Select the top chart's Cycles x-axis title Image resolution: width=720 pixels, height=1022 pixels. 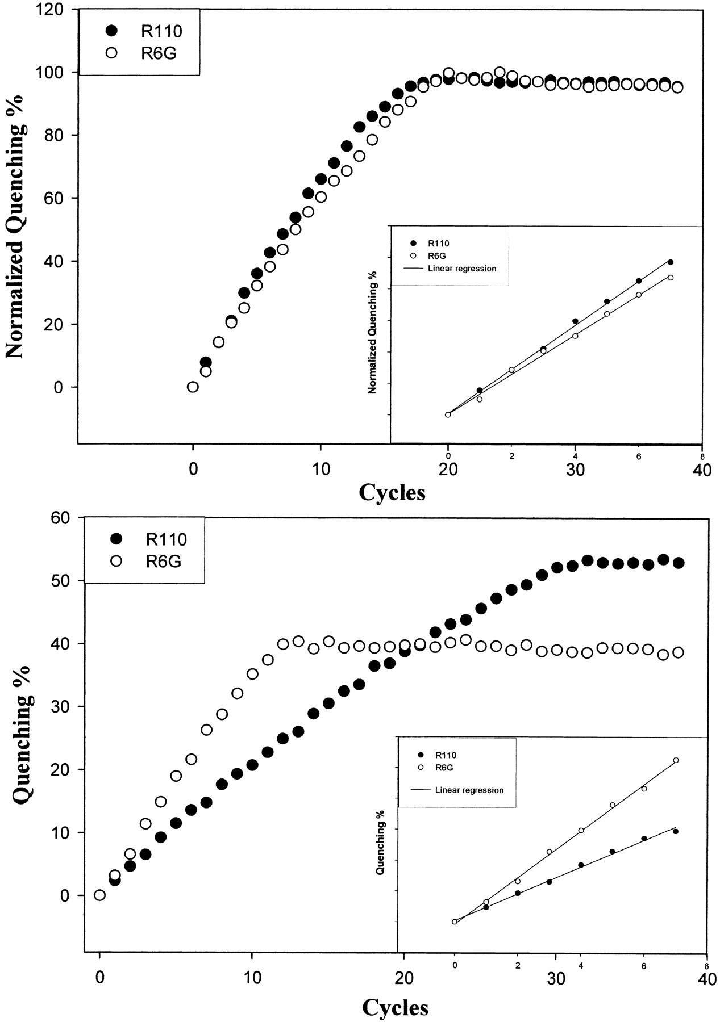(392, 492)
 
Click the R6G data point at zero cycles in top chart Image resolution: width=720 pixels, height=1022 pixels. (193, 387)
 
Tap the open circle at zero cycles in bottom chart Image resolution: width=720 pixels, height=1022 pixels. (99, 895)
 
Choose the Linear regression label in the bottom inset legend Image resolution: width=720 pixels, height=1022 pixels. (469, 790)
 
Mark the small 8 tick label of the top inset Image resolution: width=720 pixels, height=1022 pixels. (702, 456)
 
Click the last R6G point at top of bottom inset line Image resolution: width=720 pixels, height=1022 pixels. (676, 760)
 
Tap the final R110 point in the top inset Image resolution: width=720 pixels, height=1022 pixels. (671, 262)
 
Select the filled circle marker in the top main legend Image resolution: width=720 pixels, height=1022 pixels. (111, 31)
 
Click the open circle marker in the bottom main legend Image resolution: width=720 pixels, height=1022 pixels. (116, 561)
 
